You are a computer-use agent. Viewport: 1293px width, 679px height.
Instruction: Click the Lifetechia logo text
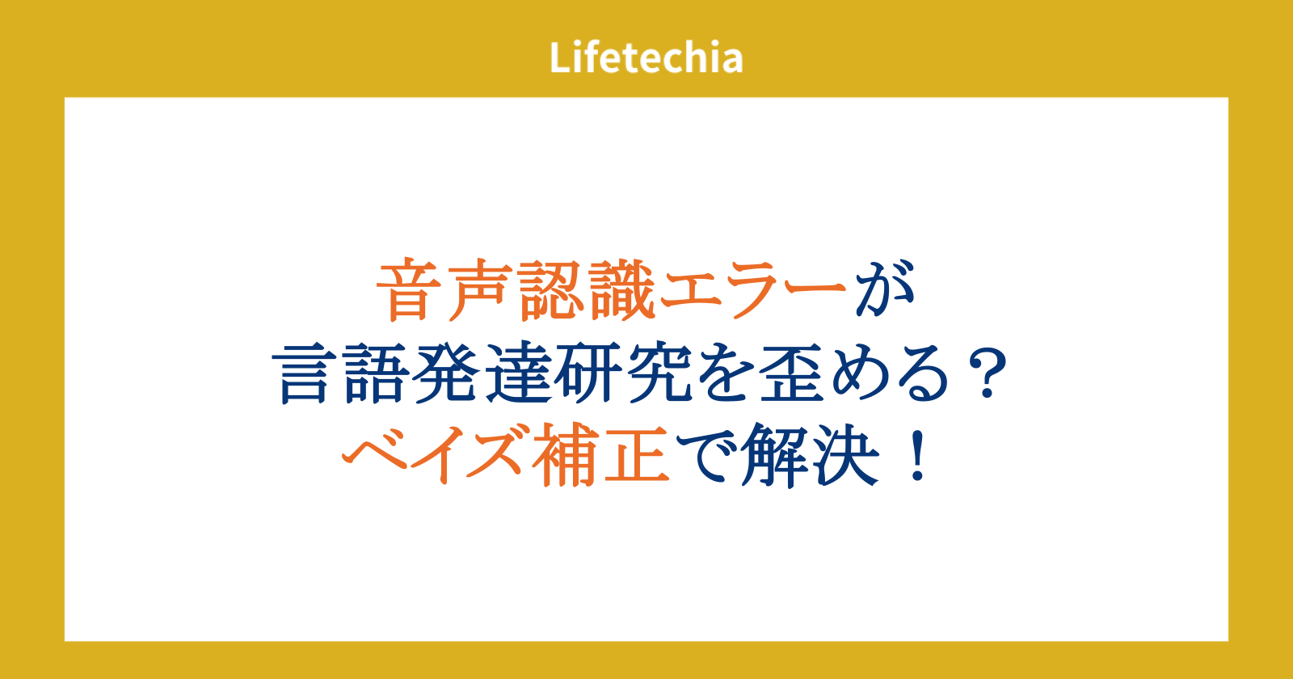[x=646, y=57]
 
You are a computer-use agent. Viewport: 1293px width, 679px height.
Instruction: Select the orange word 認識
[x=588, y=289]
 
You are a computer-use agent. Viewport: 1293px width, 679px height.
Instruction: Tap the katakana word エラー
[x=752, y=289]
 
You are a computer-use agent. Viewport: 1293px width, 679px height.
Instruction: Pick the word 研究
[x=623, y=373]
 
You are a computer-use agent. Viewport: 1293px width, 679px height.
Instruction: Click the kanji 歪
[x=791, y=373]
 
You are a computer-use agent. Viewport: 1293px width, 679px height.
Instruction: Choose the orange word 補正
[x=601, y=455]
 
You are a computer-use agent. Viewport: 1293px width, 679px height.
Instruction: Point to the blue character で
[x=705, y=456]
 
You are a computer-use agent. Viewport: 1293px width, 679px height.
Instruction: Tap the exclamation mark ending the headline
[x=917, y=456]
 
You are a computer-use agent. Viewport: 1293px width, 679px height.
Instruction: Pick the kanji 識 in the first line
[x=623, y=289]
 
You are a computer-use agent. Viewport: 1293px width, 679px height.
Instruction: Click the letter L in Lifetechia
[x=560, y=57]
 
